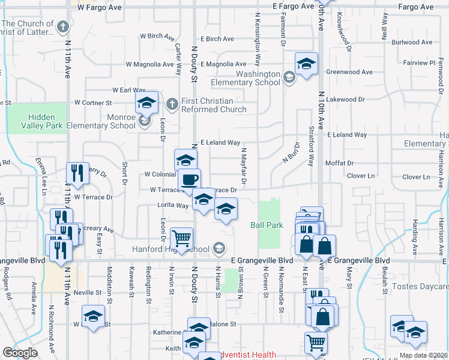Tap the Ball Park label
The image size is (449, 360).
click(x=266, y=226)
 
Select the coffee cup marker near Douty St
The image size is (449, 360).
click(x=189, y=179)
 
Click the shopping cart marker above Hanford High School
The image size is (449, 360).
click(x=181, y=238)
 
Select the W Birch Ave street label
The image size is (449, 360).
click(x=151, y=36)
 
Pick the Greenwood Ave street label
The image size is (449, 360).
click(x=349, y=72)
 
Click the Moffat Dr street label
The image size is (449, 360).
click(x=340, y=163)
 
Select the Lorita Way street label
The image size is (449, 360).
click(x=173, y=205)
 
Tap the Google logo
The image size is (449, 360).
click(x=20, y=353)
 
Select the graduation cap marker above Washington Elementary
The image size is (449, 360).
click(x=306, y=64)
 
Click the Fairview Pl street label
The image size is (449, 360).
click(x=419, y=62)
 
